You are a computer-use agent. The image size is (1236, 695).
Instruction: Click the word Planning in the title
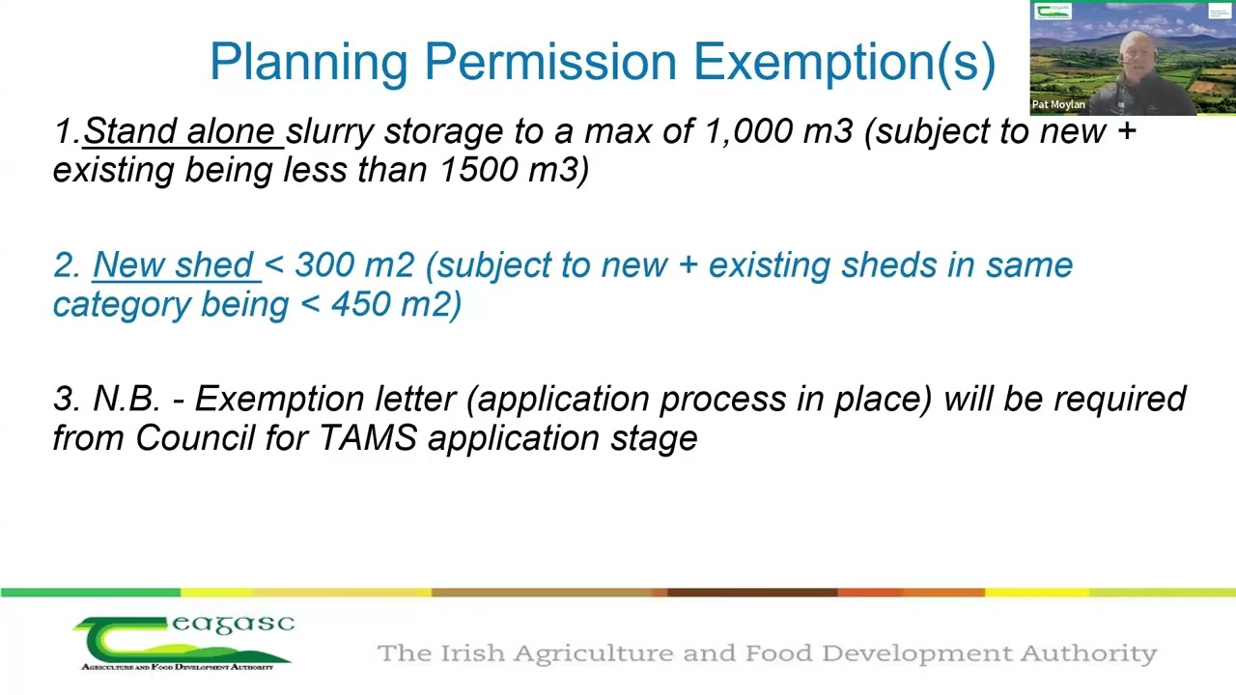coord(309,63)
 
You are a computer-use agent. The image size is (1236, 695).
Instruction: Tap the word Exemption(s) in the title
coord(844,63)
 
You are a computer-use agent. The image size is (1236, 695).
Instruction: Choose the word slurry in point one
coord(329,131)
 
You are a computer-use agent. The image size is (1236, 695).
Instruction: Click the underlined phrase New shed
coord(174,265)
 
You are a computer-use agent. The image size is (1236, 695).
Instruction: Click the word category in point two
coord(122,304)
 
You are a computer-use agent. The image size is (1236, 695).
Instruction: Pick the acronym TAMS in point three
coord(368,438)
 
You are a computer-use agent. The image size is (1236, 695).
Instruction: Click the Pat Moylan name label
coord(1058,104)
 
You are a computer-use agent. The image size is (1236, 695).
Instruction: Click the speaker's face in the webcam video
coord(1131,58)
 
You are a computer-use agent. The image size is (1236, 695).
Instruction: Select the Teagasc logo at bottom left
coord(183,643)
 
